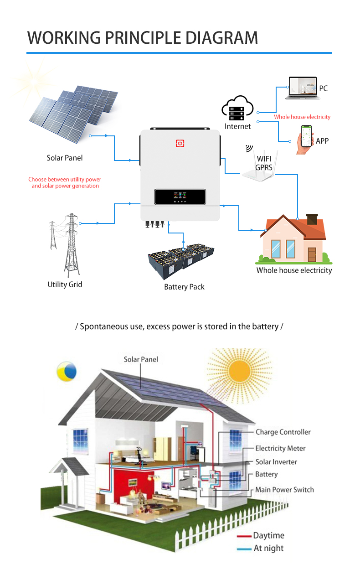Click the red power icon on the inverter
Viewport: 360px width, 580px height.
pyautogui.click(x=180, y=143)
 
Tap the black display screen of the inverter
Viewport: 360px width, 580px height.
pyautogui.click(x=180, y=197)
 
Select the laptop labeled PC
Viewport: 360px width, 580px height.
pyautogui.click(x=303, y=88)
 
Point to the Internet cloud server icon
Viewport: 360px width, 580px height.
pyautogui.click(x=237, y=109)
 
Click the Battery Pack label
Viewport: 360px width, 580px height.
pyautogui.click(x=184, y=287)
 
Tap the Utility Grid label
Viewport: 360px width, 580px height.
pyautogui.click(x=65, y=285)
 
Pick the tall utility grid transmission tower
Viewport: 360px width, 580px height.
pyautogui.click(x=72, y=245)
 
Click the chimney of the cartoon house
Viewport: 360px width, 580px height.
pyautogui.click(x=312, y=219)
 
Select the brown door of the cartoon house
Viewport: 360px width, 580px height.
pyautogui.click(x=312, y=254)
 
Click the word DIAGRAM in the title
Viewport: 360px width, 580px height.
pyautogui.click(x=221, y=38)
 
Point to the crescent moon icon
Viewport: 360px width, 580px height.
pyautogui.click(x=67, y=371)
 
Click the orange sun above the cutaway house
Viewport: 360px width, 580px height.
pyautogui.click(x=239, y=372)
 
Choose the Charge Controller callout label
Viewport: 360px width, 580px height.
pyautogui.click(x=283, y=432)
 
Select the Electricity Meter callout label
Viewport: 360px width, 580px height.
pyautogui.click(x=281, y=448)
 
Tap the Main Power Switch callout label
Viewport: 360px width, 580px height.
pyautogui.click(x=285, y=490)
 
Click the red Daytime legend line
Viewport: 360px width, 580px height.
pyautogui.click(x=244, y=536)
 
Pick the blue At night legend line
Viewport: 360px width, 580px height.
pyautogui.click(x=244, y=549)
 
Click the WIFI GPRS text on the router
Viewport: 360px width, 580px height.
pyautogui.click(x=264, y=163)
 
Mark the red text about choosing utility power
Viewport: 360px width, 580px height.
pyautogui.click(x=65, y=182)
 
